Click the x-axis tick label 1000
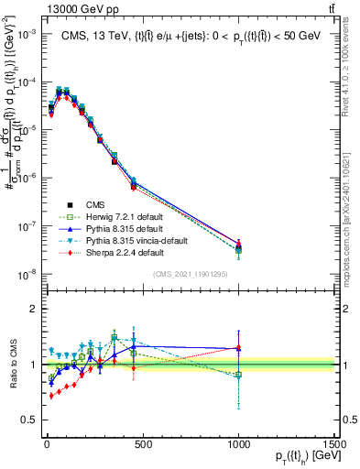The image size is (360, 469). [238, 444]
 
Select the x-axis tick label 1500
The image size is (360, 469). [336, 444]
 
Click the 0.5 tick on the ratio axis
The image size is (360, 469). [27, 420]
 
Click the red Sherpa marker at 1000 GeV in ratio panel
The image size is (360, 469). [238, 348]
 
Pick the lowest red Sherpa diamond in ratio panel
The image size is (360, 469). [50, 395]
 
